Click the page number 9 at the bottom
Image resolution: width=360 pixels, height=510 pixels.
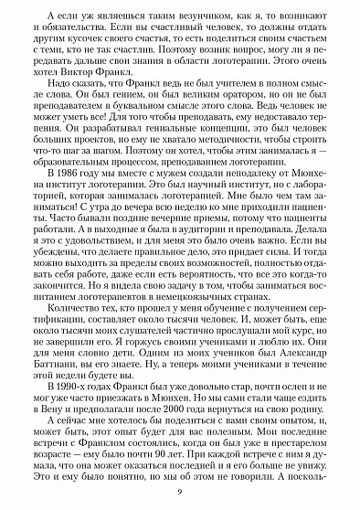[180, 494]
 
